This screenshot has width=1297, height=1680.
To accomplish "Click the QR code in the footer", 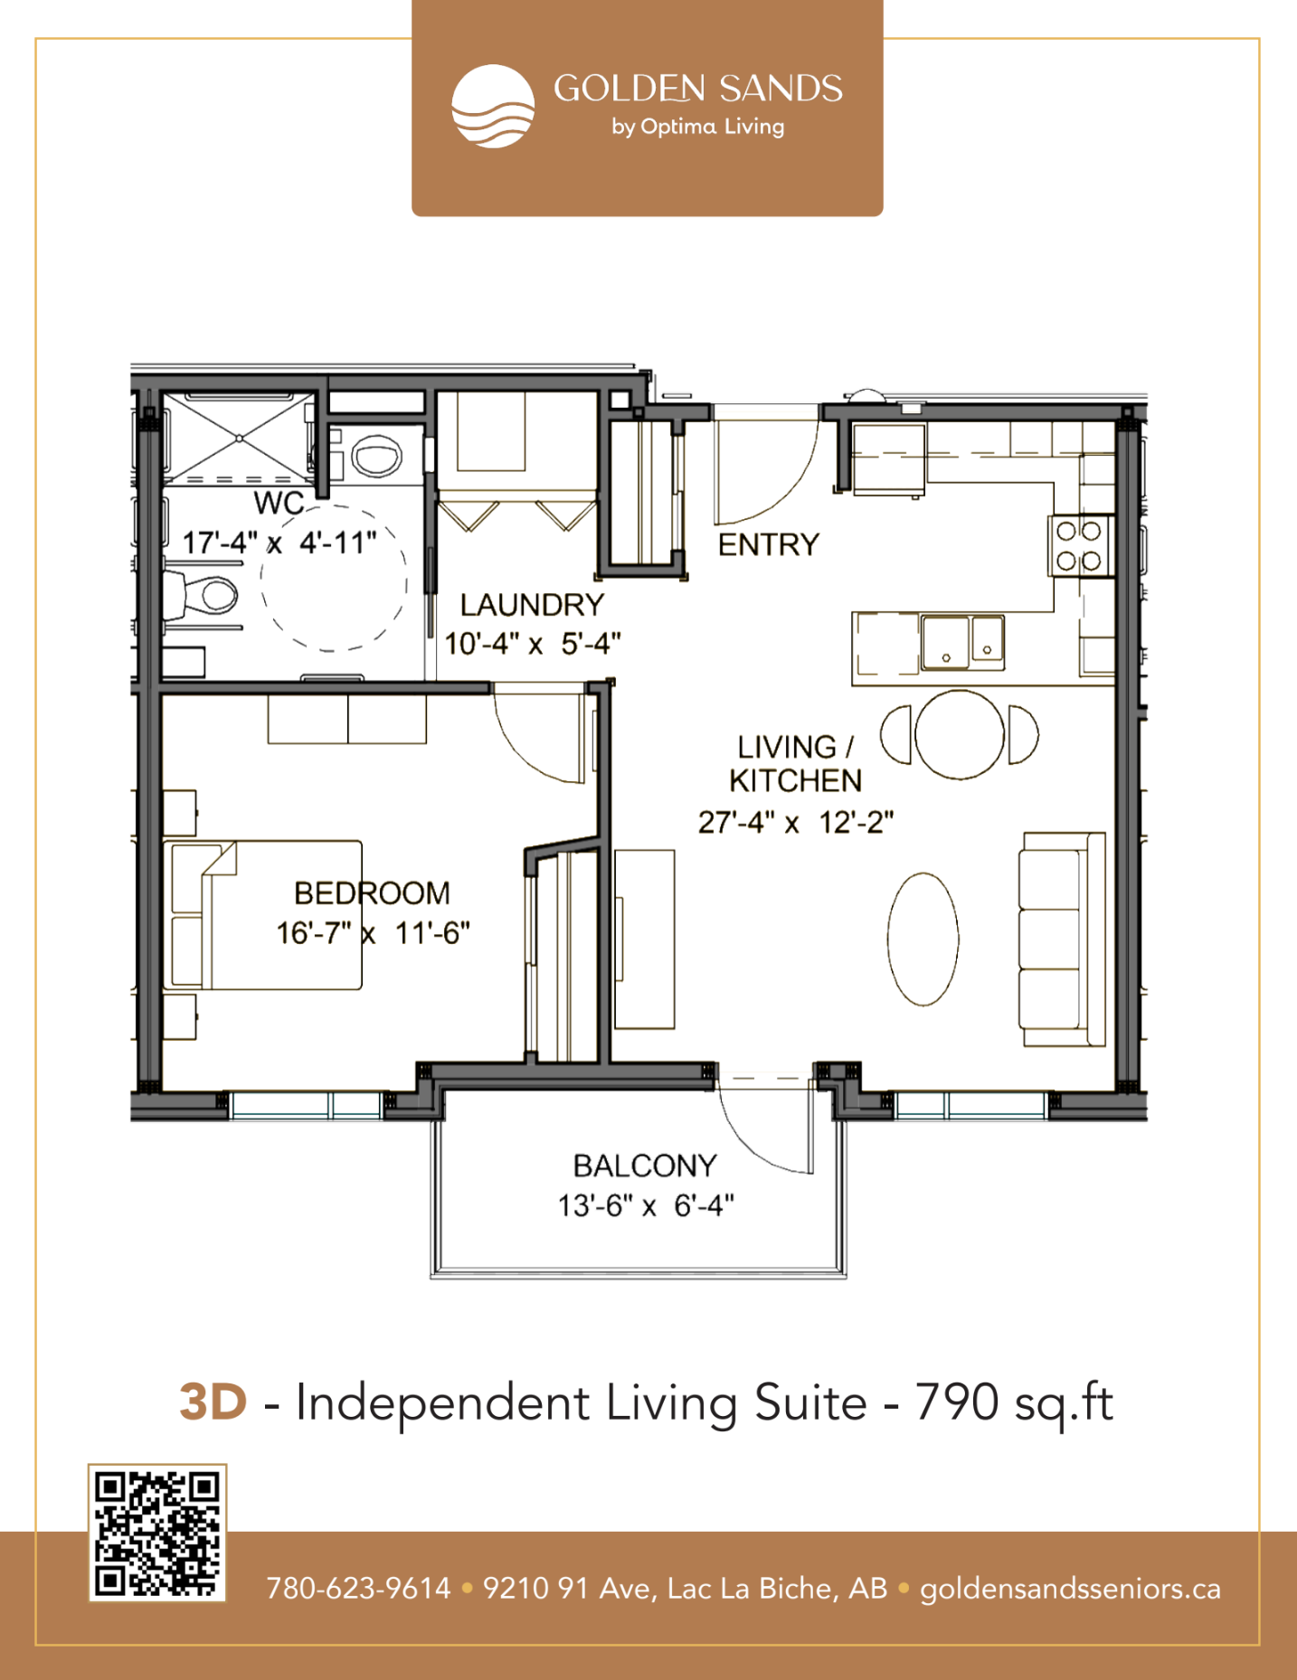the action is (x=156, y=1532).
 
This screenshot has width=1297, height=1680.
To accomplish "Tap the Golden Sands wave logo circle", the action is (x=493, y=106).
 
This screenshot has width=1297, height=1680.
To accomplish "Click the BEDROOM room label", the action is (x=372, y=893).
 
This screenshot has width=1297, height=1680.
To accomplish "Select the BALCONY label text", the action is (x=645, y=1166).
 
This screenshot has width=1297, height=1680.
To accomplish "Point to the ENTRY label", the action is (x=769, y=544).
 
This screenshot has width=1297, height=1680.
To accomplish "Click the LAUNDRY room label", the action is (x=532, y=604).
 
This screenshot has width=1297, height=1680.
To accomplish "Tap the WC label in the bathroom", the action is (x=279, y=503).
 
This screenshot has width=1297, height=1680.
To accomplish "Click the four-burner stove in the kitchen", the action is (x=1080, y=545).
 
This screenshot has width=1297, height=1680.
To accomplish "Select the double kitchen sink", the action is (x=962, y=642).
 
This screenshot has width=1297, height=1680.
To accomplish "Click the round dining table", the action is (x=960, y=735).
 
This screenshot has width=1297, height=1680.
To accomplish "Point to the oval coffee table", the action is (x=923, y=939).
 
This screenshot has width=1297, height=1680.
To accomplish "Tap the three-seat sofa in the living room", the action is (x=1063, y=939).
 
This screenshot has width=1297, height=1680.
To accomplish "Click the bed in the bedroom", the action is (x=263, y=915).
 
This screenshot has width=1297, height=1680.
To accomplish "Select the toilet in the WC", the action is (x=203, y=595).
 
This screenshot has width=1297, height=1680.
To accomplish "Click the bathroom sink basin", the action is (x=376, y=456).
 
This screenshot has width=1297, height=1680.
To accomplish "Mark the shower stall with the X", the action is (x=239, y=438).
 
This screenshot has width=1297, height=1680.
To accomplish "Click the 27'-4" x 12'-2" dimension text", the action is (x=796, y=823).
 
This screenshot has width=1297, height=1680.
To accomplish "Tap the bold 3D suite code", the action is (x=213, y=1402).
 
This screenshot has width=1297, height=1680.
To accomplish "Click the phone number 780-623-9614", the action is (x=358, y=1589).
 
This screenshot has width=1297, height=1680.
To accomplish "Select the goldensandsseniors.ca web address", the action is (x=1071, y=1590).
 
